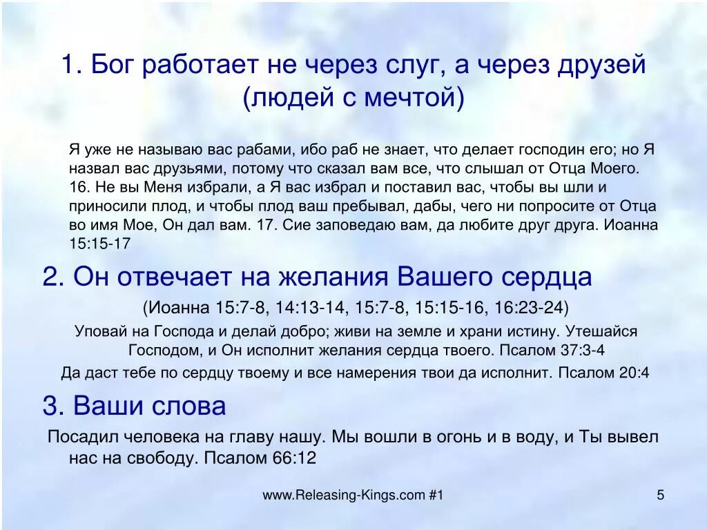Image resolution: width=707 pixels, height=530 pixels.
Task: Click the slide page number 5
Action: click(660, 495)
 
